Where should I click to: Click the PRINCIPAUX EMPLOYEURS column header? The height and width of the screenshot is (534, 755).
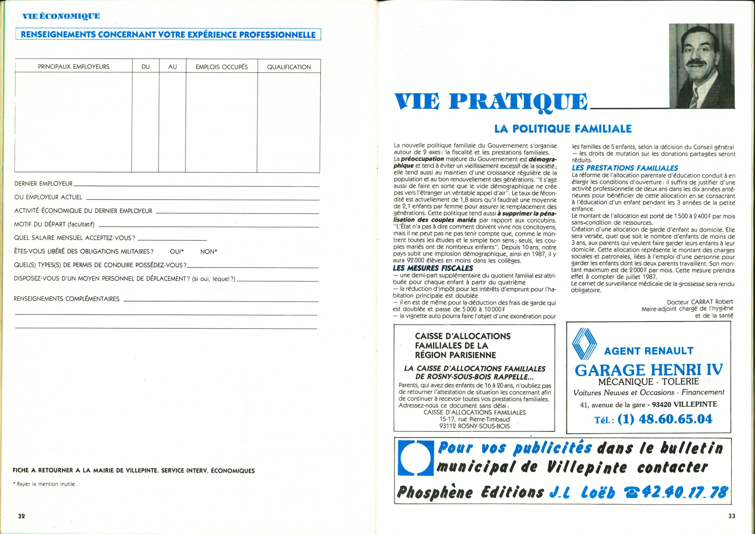(x=74, y=67)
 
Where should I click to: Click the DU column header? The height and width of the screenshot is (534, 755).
(x=146, y=67)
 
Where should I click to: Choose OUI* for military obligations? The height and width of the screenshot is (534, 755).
(x=177, y=252)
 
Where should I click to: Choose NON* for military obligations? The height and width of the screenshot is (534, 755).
(x=209, y=252)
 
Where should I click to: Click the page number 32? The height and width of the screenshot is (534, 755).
(x=21, y=525)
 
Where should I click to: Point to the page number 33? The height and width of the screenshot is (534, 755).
(x=732, y=525)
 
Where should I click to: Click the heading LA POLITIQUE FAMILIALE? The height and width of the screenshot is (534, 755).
(x=563, y=129)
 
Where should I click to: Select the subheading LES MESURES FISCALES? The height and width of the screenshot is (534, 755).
(x=433, y=268)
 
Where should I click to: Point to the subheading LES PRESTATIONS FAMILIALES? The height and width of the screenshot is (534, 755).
(x=625, y=168)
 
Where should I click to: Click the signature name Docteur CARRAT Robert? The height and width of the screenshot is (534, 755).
(x=700, y=302)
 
